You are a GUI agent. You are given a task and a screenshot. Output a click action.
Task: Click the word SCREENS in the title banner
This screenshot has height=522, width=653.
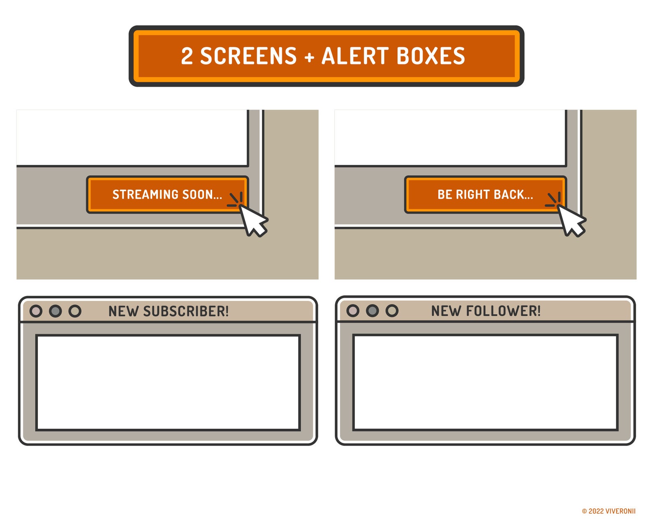tap(248, 56)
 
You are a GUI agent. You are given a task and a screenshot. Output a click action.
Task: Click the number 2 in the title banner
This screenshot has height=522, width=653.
tap(187, 56)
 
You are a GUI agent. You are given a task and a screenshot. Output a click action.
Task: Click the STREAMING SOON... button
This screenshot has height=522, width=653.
tap(167, 194)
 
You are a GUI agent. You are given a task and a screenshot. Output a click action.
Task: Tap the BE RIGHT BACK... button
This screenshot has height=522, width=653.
tap(485, 194)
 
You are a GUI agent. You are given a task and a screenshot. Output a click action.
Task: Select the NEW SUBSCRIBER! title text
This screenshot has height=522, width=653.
tap(169, 311)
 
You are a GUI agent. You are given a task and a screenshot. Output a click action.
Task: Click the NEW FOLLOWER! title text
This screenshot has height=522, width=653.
tap(486, 311)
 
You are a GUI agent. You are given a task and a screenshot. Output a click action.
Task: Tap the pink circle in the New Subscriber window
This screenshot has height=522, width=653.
tap(36, 311)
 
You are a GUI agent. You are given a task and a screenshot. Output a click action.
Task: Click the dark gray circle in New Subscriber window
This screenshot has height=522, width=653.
tap(56, 311)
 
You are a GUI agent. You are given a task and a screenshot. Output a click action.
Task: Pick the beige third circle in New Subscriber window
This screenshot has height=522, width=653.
tap(75, 311)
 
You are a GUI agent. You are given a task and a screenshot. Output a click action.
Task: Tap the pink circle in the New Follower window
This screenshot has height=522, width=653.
tap(353, 310)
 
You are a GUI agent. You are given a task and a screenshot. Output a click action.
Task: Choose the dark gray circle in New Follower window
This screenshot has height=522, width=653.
tap(373, 310)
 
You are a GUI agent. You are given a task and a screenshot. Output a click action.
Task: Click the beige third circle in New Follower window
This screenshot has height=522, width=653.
tap(392, 310)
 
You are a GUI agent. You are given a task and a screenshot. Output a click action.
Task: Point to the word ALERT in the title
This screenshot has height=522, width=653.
tap(355, 56)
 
